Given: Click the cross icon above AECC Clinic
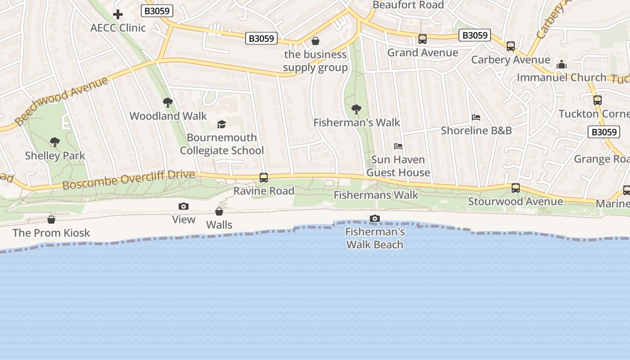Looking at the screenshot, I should point(118,14).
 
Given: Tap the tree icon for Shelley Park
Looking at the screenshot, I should point(55,142).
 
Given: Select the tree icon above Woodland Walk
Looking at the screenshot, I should point(168,103).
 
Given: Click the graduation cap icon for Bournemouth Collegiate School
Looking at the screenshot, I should point(221,124).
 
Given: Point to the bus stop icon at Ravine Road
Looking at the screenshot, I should point(264,178).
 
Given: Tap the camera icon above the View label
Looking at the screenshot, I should point(184,206).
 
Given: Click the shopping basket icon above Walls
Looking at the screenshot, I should point(219,211).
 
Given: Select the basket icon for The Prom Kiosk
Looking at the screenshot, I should point(51,220).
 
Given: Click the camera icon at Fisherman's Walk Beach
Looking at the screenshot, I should point(374,219).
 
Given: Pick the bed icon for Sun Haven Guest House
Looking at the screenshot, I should point(398,146).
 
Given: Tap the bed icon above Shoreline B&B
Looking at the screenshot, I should point(476,117).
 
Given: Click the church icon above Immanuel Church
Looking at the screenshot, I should point(562,64).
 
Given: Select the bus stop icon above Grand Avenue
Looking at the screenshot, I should point(423,39).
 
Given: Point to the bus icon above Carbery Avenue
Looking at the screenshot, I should point(511,46).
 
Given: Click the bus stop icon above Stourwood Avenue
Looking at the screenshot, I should point(516,188).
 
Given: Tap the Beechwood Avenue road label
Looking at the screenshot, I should point(61,101).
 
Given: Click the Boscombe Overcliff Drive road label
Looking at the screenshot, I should point(129,179).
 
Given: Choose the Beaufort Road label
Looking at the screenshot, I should point(408,5).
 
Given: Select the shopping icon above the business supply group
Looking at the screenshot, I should point(315,41).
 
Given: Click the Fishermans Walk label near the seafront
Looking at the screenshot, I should point(376,195).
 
